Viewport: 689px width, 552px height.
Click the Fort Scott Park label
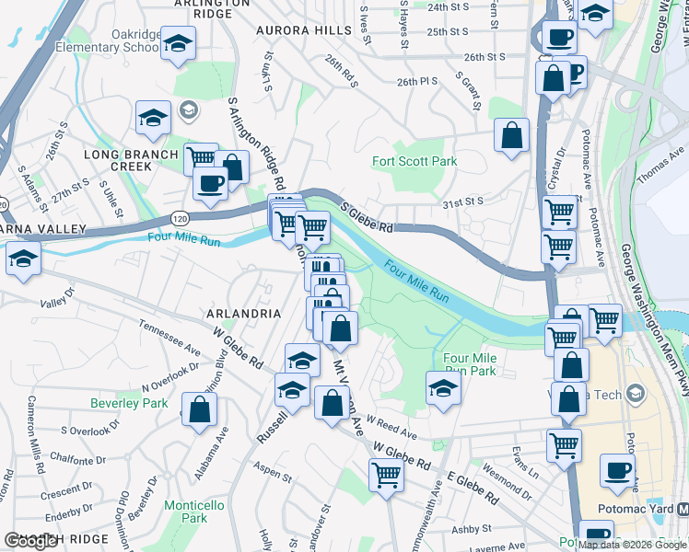(414, 161)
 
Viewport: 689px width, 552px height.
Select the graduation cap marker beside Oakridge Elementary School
(179, 42)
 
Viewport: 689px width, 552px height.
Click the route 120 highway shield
(178, 218)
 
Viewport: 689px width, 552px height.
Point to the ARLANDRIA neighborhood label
(245, 314)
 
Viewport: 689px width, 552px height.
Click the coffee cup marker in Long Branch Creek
(211, 182)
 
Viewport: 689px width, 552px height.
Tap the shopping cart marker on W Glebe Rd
(386, 475)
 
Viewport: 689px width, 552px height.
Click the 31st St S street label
(462, 201)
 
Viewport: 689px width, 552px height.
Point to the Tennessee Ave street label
(170, 338)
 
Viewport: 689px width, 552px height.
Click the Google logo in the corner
(30, 541)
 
